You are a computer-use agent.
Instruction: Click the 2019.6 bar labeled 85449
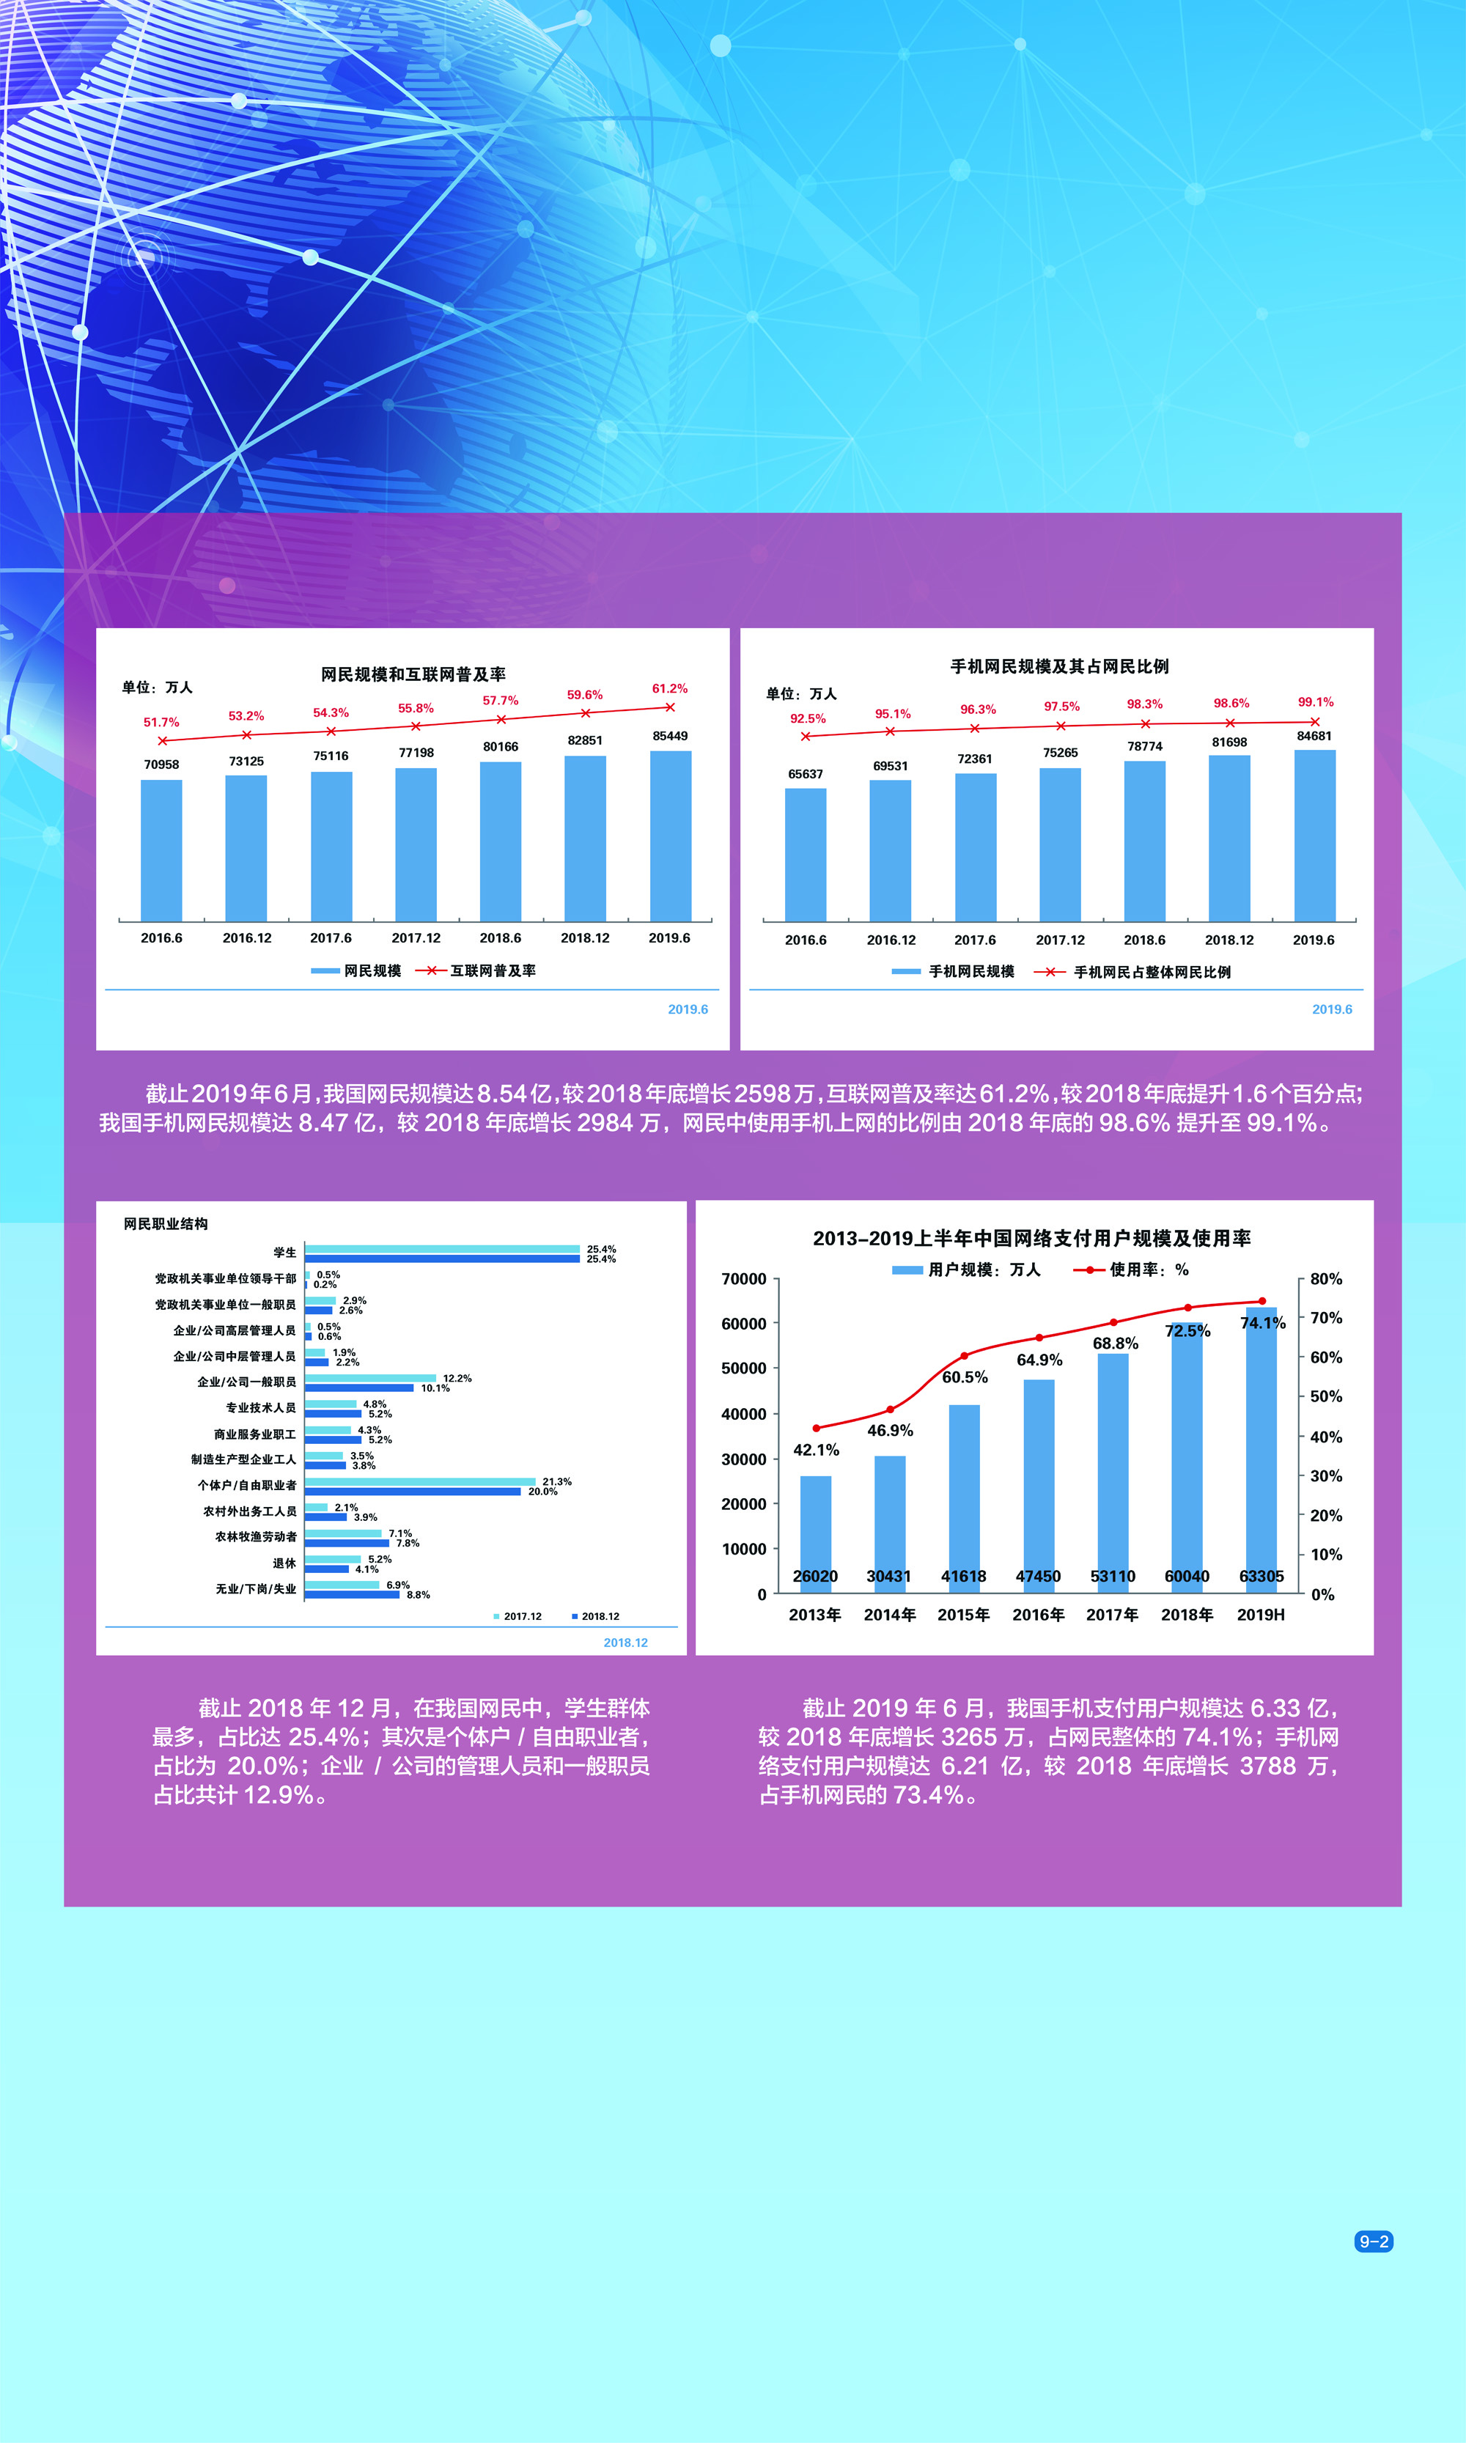pyautogui.click(x=670, y=835)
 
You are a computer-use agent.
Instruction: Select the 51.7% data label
pyautogui.click(x=161, y=722)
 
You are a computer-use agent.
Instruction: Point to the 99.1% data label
pyautogui.click(x=1315, y=702)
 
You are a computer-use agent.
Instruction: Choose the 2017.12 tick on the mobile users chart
pyautogui.click(x=1060, y=940)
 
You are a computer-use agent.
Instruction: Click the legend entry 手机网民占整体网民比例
pyautogui.click(x=1152, y=972)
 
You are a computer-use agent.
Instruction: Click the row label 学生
pyautogui.click(x=284, y=1253)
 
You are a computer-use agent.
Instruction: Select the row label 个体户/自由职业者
pyautogui.click(x=247, y=1486)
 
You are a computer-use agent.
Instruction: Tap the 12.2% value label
pyautogui.click(x=457, y=1378)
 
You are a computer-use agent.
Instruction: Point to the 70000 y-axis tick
pyautogui.click(x=744, y=1279)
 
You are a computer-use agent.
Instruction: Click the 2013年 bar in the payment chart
pyautogui.click(x=815, y=1531)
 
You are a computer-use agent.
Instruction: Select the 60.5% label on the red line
pyautogui.click(x=964, y=1377)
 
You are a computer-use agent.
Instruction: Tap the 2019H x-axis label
pyautogui.click(x=1261, y=1614)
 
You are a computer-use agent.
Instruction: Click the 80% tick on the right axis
pyautogui.click(x=1326, y=1279)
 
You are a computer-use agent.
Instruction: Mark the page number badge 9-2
pyautogui.click(x=1373, y=2241)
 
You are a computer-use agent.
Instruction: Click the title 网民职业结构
pyautogui.click(x=165, y=1224)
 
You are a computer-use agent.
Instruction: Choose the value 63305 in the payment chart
pyautogui.click(x=1261, y=1577)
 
